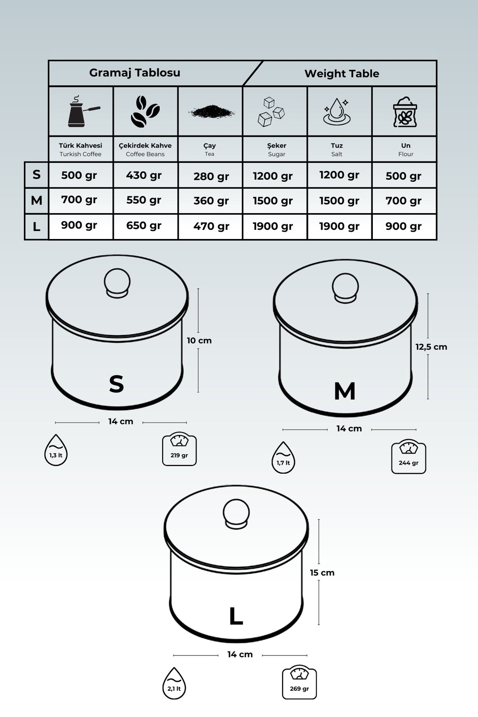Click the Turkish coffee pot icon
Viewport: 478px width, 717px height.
point(84,111)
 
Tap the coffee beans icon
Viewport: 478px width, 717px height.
point(145,111)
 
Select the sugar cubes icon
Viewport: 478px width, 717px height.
point(271,112)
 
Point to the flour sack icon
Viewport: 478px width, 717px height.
point(405,112)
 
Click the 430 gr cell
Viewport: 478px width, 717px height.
point(144,175)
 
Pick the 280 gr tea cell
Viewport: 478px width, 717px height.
point(211,176)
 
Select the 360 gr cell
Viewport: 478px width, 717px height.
point(211,201)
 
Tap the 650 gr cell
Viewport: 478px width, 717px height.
point(144,226)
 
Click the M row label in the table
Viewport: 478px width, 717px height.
point(36,200)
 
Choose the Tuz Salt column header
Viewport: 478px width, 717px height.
point(337,150)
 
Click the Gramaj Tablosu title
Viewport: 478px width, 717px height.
point(135,73)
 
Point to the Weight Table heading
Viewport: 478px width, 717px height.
point(342,74)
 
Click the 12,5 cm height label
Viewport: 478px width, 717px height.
point(431,347)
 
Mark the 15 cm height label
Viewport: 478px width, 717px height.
point(322,573)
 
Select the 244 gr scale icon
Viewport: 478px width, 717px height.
point(409,456)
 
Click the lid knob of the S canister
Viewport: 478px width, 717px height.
point(117,283)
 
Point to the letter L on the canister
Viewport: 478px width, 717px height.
point(236,617)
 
